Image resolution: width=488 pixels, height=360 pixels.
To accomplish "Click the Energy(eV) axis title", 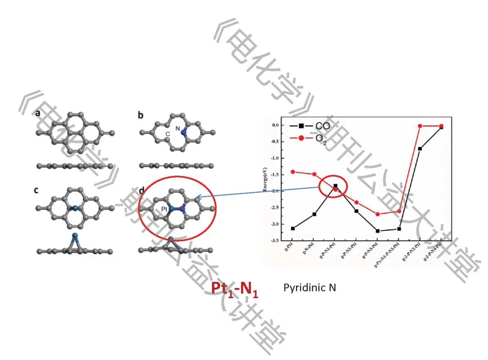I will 264,183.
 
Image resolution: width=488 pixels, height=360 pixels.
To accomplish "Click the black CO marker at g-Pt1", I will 293,229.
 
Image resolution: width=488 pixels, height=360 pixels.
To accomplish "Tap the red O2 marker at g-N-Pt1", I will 314,174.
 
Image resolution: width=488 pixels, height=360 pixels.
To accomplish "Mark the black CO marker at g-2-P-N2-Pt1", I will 420,148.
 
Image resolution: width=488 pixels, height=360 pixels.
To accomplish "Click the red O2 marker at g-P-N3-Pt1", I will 378,214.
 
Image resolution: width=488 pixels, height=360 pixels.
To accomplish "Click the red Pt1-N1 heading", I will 235,288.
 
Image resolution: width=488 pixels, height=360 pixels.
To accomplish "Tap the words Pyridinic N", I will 310,287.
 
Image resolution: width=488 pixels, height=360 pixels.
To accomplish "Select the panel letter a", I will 38,114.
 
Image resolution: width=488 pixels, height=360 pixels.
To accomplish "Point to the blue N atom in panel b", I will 184,131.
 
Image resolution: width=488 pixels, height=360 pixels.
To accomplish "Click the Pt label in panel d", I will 165,209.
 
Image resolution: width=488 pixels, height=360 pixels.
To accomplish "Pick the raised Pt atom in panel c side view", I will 75,236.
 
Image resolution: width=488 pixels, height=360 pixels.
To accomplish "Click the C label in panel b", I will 167,134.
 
